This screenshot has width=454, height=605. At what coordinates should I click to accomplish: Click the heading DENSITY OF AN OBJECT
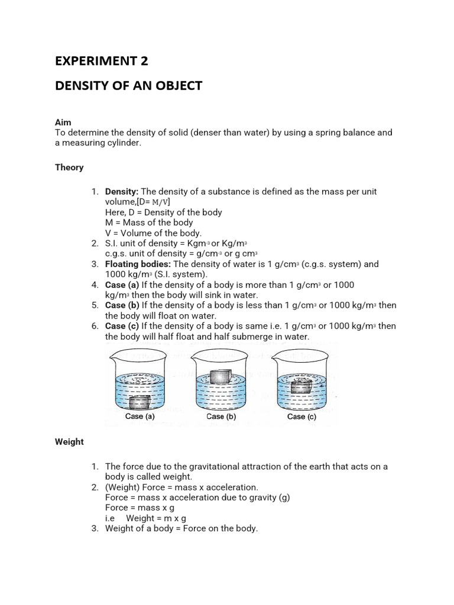[128, 86]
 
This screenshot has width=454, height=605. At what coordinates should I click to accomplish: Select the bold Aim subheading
[63, 122]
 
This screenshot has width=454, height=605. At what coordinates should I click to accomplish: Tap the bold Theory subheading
[69, 167]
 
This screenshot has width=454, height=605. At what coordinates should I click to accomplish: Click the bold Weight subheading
[69, 441]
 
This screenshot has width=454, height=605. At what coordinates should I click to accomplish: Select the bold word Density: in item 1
[122, 192]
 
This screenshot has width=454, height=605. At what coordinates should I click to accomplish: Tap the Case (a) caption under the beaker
[140, 417]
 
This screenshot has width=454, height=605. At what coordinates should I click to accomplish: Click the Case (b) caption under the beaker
[221, 417]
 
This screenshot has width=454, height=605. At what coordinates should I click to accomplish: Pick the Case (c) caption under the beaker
[301, 417]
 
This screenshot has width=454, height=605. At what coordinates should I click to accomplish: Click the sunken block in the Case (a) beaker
[140, 402]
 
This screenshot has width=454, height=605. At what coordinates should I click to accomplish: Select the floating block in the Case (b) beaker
[222, 376]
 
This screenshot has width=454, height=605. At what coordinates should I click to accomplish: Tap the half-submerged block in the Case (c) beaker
[302, 386]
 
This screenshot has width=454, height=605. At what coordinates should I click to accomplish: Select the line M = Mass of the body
[149, 223]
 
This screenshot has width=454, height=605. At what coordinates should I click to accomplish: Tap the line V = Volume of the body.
[153, 233]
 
